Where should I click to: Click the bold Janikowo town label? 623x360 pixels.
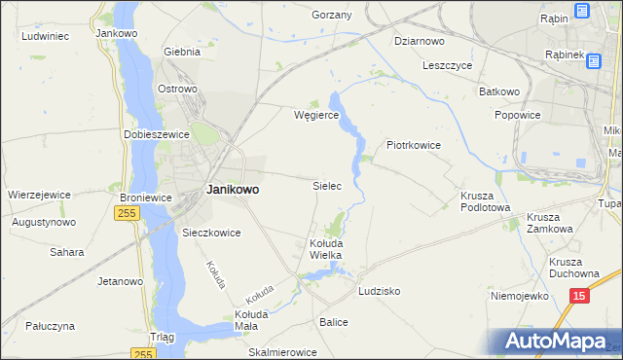click(233, 191)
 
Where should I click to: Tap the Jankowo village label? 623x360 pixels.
click(117, 32)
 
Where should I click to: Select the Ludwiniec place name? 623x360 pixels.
click(44, 36)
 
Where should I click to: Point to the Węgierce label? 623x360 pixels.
click(315, 115)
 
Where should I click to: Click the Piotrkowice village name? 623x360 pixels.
click(414, 145)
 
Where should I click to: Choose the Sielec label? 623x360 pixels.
click(326, 185)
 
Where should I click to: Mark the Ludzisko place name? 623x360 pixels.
click(380, 291)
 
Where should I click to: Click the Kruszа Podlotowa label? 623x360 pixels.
click(485, 199)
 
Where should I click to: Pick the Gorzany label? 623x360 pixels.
click(331, 16)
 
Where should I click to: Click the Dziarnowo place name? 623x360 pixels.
click(420, 41)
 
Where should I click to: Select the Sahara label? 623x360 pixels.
click(67, 252)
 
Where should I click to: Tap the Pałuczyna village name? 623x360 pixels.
click(51, 326)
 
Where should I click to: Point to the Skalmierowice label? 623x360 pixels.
click(283, 351)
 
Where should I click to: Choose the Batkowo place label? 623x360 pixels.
click(498, 91)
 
